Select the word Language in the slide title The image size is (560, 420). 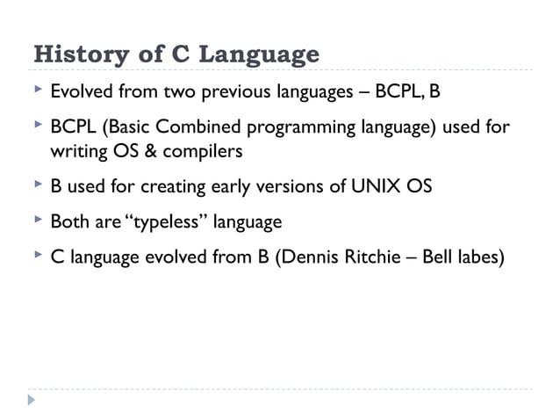[259, 55]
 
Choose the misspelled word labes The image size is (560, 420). [478, 258]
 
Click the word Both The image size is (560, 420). [68, 222]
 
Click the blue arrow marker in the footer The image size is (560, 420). [32, 401]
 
